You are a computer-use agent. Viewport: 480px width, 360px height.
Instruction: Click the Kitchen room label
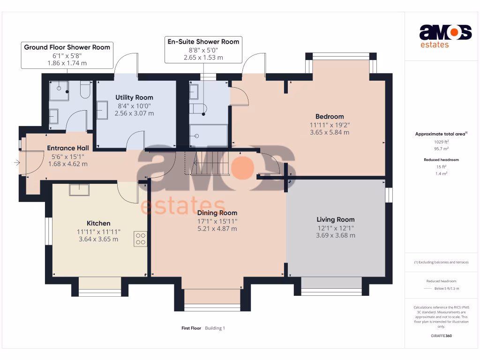(x=98, y=223)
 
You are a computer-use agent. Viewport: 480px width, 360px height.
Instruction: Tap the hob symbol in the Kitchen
(x=140, y=239)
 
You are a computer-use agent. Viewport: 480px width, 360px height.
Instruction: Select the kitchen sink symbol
(x=79, y=190)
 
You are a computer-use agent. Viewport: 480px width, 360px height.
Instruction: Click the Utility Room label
(x=134, y=97)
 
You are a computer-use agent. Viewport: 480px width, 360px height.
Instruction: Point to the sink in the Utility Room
(x=102, y=110)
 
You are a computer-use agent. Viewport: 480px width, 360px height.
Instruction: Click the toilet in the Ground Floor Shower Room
(x=85, y=90)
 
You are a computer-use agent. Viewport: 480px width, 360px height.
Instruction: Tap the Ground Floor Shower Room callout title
(x=67, y=47)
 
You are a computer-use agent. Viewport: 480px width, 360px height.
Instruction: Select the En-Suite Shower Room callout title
(x=203, y=42)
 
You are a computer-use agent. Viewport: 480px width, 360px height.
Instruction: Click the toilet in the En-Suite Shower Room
(x=198, y=109)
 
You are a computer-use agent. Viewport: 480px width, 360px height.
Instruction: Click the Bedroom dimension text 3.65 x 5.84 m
(x=330, y=132)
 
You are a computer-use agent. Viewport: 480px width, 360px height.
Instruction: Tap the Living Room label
(x=336, y=219)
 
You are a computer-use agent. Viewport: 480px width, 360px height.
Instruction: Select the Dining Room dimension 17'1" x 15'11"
(x=217, y=221)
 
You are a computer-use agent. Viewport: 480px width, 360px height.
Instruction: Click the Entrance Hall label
(x=68, y=148)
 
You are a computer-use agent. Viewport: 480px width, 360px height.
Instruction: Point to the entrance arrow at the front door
(x=17, y=163)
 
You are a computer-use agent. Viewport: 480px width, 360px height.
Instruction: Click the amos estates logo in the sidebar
(x=445, y=36)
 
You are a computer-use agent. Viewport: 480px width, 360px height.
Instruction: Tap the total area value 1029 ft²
(x=441, y=142)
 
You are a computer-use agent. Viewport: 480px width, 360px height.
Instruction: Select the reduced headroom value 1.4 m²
(x=441, y=173)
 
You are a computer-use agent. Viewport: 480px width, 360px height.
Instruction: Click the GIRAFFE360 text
(x=441, y=336)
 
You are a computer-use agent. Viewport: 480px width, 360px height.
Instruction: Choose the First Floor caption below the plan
(x=191, y=328)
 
